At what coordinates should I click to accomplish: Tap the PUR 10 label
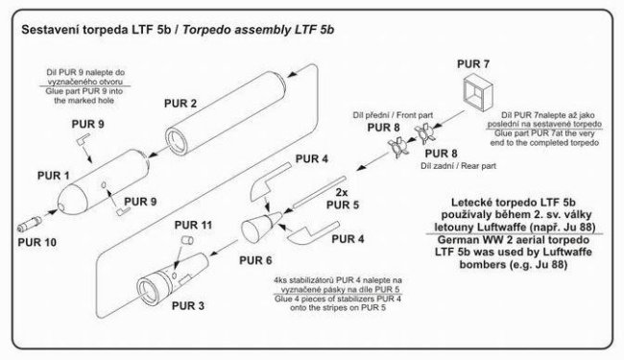(37, 242)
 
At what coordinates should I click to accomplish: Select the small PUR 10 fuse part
(30, 224)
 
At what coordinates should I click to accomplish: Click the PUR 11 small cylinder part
(187, 240)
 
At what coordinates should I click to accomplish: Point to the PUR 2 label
(180, 104)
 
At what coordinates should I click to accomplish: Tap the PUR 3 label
(188, 306)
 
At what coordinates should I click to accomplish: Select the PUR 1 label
(54, 176)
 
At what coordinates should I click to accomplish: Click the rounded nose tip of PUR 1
(61, 206)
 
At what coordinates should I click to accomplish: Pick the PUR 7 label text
(473, 64)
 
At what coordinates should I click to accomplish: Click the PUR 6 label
(255, 260)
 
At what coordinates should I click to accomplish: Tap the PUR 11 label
(193, 226)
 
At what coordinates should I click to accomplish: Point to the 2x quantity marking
(342, 193)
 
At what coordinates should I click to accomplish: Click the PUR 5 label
(343, 205)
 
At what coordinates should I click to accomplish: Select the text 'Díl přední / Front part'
(393, 115)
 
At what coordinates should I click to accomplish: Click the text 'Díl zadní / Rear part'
(459, 166)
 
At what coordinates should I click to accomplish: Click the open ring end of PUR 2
(176, 140)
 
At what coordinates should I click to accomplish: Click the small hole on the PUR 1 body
(104, 185)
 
